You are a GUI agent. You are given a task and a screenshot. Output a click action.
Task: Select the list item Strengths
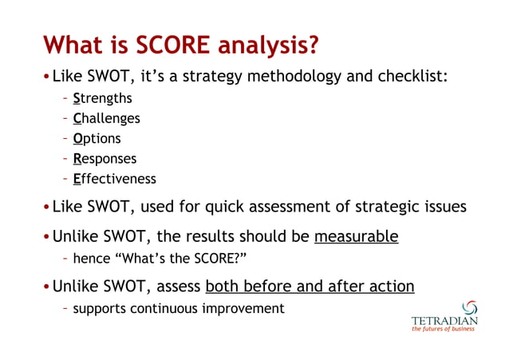pyautogui.click(x=102, y=99)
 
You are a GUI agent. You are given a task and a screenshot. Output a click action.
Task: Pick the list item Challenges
pyautogui.click(x=106, y=118)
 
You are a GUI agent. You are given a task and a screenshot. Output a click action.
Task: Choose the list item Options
pyautogui.click(x=97, y=138)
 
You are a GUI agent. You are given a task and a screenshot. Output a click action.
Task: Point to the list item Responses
pyautogui.click(x=105, y=158)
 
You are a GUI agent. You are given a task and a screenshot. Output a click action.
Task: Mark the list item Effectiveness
pyautogui.click(x=114, y=178)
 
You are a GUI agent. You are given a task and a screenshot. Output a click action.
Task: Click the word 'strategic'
pyautogui.click(x=385, y=208)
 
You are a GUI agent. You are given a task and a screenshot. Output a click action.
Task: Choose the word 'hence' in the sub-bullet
pyautogui.click(x=91, y=259)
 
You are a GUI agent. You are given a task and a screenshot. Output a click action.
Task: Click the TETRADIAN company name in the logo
pyautogui.click(x=444, y=322)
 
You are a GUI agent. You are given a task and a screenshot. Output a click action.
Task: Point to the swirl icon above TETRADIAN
pyautogui.click(x=470, y=307)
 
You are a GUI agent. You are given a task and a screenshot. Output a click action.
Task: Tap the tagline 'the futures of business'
pyautogui.click(x=444, y=333)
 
